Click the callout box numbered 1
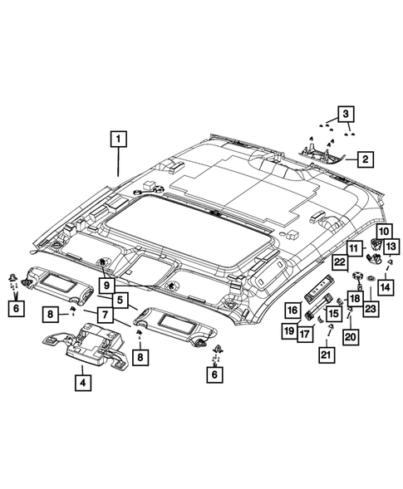[x=118, y=139]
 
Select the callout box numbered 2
[x=365, y=159]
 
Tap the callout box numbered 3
[x=346, y=114]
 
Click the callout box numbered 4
[x=83, y=383]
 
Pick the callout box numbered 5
[x=120, y=300]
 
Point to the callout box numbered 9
[x=106, y=285]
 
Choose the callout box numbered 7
[x=105, y=315]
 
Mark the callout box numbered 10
[x=384, y=232]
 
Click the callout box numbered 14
[x=386, y=287]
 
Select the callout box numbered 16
[x=292, y=310]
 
